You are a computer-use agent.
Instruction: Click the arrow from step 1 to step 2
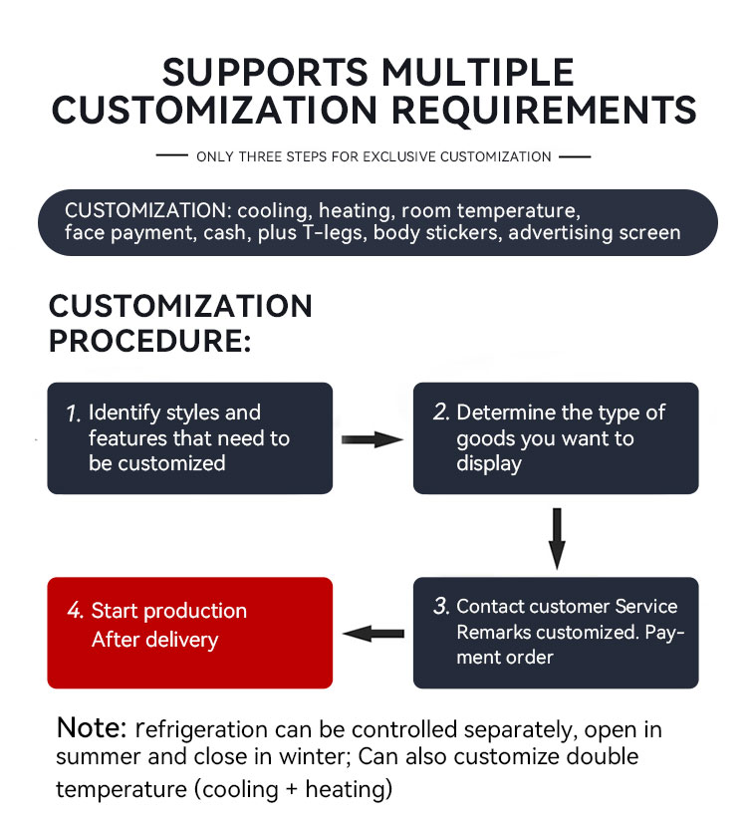click(x=373, y=439)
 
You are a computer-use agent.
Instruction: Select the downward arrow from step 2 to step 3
click(x=557, y=537)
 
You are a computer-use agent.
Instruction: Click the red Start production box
click(x=189, y=633)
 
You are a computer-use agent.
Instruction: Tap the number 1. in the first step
click(x=73, y=413)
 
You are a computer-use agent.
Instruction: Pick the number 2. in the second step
click(x=441, y=413)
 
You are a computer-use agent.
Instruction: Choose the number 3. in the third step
click(x=441, y=607)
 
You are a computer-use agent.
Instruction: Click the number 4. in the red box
click(x=75, y=611)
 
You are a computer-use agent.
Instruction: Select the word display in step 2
click(x=489, y=464)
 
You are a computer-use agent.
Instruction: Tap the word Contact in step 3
click(x=490, y=607)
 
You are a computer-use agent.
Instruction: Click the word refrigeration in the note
click(x=206, y=730)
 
